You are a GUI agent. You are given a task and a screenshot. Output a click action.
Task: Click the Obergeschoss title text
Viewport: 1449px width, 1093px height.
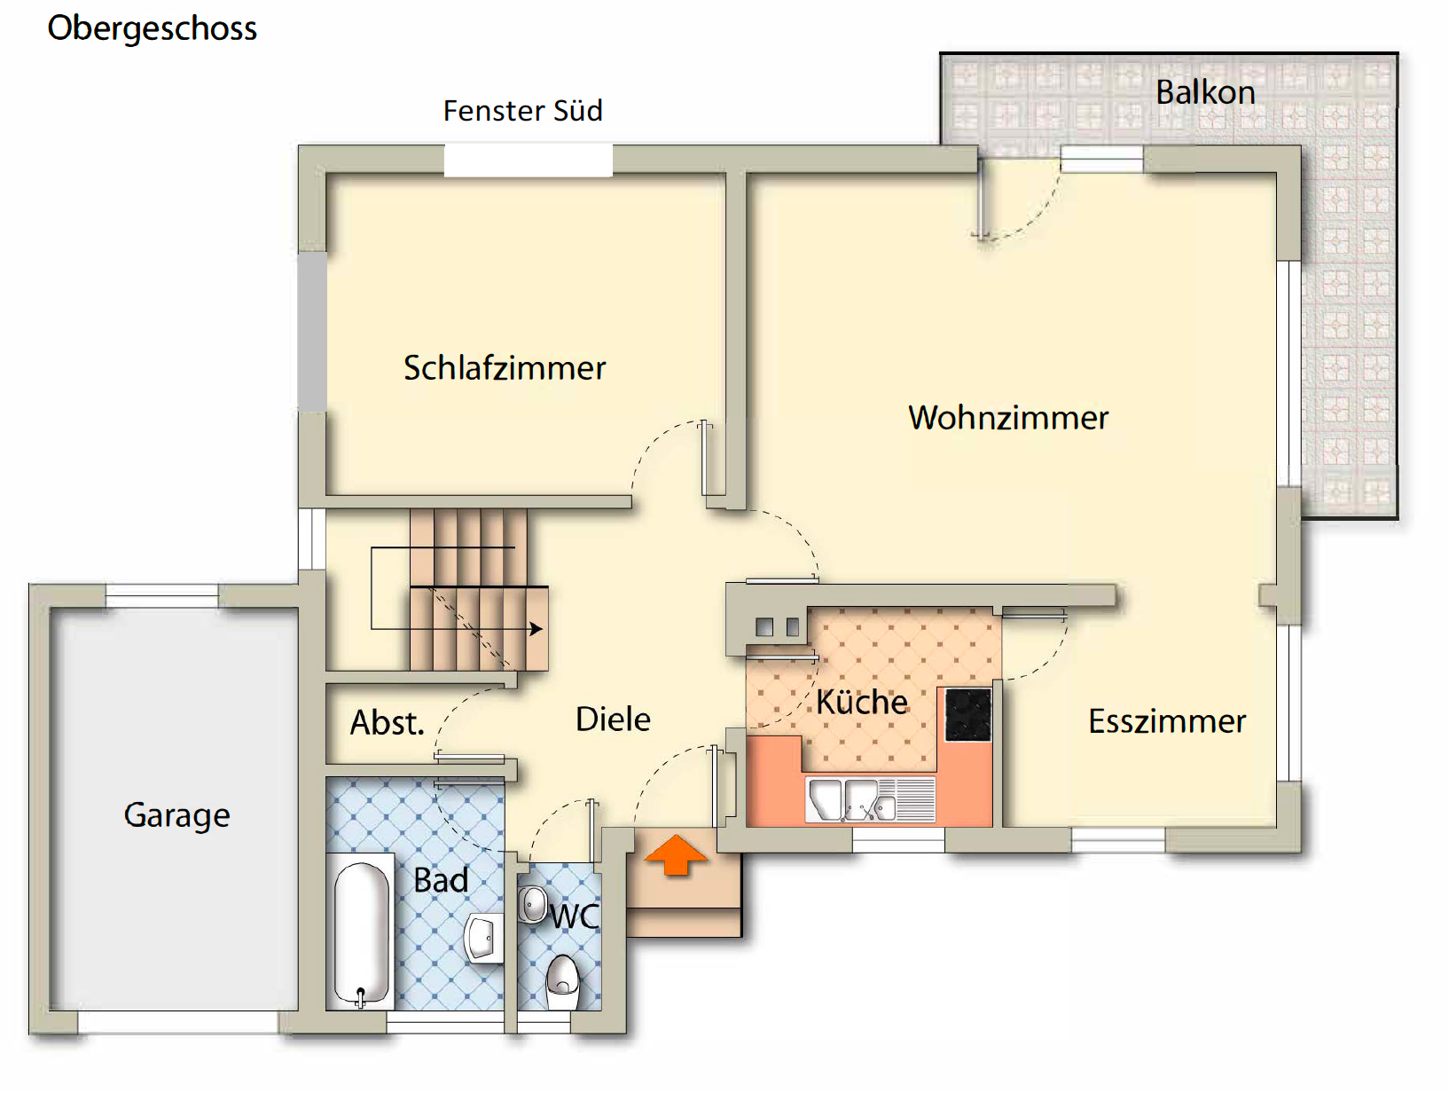pyautogui.click(x=152, y=28)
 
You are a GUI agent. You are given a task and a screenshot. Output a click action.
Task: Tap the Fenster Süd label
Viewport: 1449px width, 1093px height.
pyautogui.click(x=522, y=111)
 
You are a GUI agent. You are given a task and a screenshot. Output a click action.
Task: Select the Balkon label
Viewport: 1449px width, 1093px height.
pyautogui.click(x=1205, y=92)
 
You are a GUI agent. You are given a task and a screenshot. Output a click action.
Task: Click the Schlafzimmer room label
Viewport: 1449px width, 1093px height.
pyautogui.click(x=505, y=368)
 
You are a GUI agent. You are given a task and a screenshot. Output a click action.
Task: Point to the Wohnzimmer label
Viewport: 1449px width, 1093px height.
pyautogui.click(x=1008, y=418)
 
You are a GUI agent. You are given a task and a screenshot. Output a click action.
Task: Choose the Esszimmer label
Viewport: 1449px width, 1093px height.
pyautogui.click(x=1166, y=721)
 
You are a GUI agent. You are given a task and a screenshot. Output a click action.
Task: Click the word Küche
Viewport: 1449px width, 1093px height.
pyautogui.click(x=862, y=702)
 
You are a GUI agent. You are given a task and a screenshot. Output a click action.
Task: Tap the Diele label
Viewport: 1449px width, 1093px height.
pyautogui.click(x=613, y=719)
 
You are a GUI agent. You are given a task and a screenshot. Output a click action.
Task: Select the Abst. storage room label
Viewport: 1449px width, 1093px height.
pyautogui.click(x=387, y=723)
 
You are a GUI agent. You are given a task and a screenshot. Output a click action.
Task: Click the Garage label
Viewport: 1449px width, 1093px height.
pyautogui.click(x=176, y=814)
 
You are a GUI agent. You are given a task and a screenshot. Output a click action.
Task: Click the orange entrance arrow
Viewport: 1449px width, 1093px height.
pyautogui.click(x=676, y=855)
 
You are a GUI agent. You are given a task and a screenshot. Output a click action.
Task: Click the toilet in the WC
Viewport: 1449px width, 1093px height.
pyautogui.click(x=562, y=979)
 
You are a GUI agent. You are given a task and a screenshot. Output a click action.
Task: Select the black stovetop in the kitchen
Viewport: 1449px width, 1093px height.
pyautogui.click(x=967, y=715)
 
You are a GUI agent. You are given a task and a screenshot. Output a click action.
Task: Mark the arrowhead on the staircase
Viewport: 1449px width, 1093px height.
pyautogui.click(x=536, y=629)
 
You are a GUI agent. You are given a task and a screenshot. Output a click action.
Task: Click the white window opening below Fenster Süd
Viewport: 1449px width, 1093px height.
pyautogui.click(x=528, y=161)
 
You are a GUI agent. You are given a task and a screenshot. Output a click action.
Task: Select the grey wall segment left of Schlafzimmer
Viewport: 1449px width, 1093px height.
pyautogui.click(x=312, y=332)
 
